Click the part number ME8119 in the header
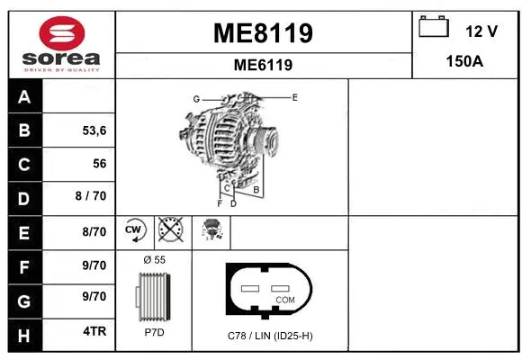263,33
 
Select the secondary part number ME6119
263,65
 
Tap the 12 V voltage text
481,31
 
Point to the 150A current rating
466,61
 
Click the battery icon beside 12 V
434,28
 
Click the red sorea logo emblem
60,34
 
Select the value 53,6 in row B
94,130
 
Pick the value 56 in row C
99,164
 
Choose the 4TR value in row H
94,331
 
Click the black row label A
24,97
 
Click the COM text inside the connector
284,300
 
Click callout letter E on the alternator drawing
294,95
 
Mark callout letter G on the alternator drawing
195,98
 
